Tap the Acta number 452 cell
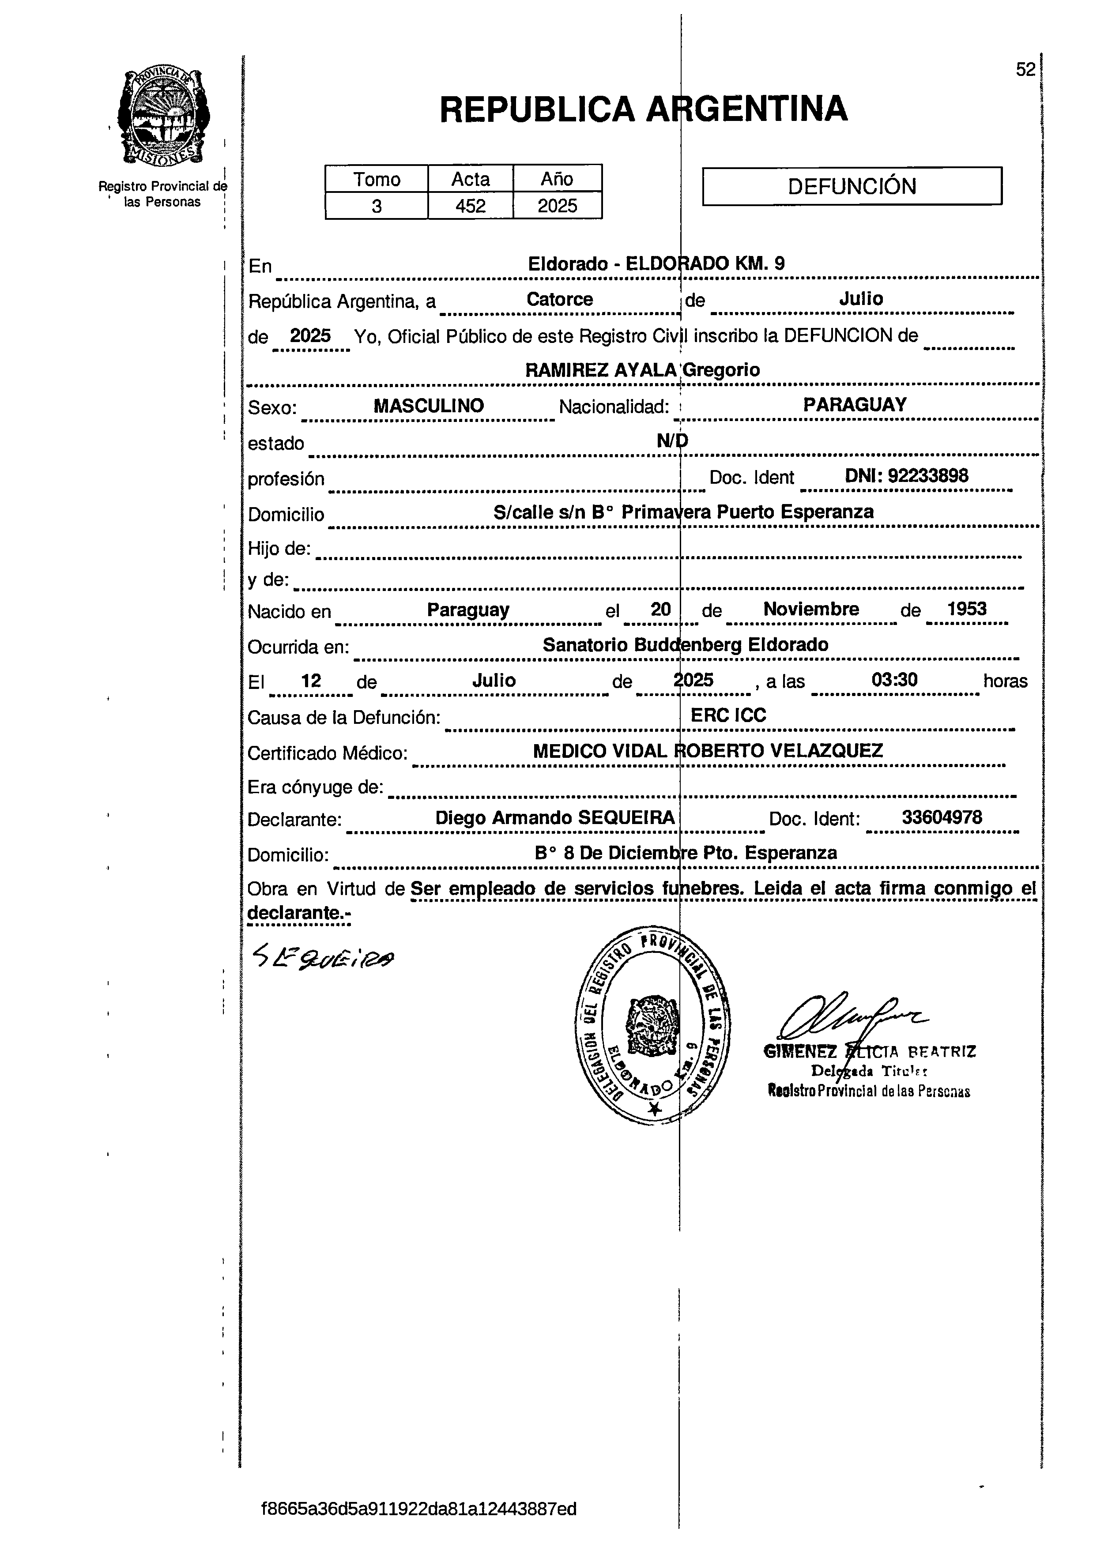(470, 206)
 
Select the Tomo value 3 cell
(377, 206)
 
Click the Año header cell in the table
(557, 179)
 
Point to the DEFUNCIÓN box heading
(852, 186)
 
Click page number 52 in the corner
(1025, 69)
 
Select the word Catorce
(559, 299)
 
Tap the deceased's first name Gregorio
(721, 370)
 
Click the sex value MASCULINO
(429, 406)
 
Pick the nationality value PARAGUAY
(854, 405)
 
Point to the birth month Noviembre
(810, 609)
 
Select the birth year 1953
(966, 609)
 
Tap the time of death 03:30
(894, 680)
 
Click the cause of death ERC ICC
(728, 715)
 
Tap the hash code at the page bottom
(418, 1509)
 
